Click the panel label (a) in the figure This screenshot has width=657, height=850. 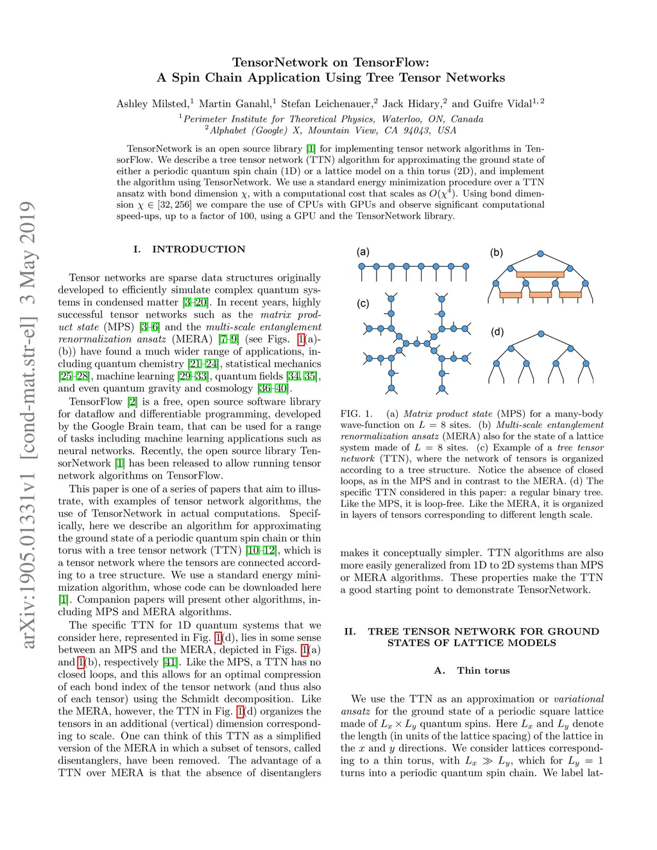tap(363, 252)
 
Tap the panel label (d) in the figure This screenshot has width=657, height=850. tap(497, 332)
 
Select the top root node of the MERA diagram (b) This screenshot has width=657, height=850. tap(541, 254)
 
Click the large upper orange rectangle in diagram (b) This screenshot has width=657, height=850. tap(540, 275)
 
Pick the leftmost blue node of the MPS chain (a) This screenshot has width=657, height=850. tap(362, 266)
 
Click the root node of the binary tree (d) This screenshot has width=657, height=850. tap(541, 334)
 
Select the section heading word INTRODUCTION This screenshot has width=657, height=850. tap(198, 250)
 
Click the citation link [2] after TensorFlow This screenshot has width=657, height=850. tap(132, 402)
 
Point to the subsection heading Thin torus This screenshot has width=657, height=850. tap(483, 670)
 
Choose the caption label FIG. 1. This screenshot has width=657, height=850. tap(356, 414)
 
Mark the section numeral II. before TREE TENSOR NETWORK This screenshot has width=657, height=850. tap(350, 631)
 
